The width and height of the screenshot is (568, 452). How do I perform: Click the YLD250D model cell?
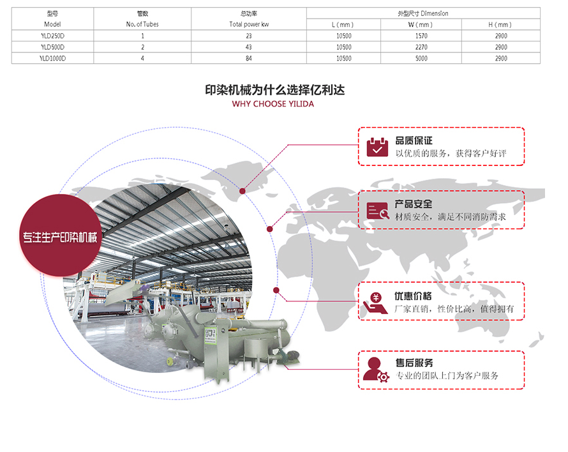coord(52,36)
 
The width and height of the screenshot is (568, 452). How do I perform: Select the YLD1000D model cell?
coord(52,58)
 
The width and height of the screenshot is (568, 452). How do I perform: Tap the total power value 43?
coord(248,47)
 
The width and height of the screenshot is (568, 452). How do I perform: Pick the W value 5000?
coord(421,58)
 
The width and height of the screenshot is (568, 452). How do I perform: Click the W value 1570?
coord(421,36)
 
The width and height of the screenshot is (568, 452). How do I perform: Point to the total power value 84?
coord(248,58)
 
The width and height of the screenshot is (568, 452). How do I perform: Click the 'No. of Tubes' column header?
coord(142,24)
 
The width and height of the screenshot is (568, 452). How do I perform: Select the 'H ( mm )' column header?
coord(500,24)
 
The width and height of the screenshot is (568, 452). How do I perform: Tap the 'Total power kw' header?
coord(248,24)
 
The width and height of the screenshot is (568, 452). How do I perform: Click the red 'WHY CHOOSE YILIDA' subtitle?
coord(273,103)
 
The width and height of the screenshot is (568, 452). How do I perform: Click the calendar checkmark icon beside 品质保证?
coord(377,146)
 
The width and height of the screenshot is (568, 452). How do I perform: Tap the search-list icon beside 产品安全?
coord(377,210)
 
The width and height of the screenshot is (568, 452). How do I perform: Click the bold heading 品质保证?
coord(414,140)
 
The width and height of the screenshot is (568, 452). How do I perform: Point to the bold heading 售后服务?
coord(414,363)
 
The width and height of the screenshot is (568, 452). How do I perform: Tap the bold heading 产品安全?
coord(414,204)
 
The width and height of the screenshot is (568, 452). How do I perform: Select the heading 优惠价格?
coord(414,296)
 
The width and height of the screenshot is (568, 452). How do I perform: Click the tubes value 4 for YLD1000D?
coord(142,58)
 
